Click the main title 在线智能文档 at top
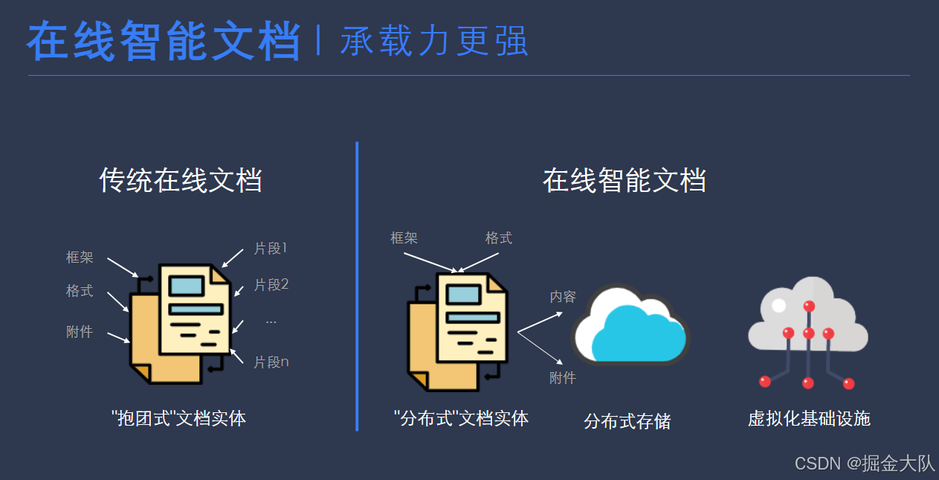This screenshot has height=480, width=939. point(164,41)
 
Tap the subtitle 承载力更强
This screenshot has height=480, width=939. point(434,42)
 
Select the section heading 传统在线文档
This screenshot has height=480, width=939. point(181,181)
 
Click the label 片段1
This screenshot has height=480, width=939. point(271,249)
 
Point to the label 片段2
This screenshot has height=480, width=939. point(271,284)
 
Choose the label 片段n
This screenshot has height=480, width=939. point(271,362)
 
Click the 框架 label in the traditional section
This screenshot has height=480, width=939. point(80,257)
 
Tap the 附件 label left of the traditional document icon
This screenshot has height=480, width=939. point(80,332)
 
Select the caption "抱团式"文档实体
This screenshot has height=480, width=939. point(178,418)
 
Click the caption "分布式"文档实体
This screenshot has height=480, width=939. point(461,418)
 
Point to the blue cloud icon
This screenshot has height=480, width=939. point(630,325)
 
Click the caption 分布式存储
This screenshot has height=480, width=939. point(627,422)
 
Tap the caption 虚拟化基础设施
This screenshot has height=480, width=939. point(809,418)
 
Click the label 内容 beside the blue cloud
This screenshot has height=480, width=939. point(563,297)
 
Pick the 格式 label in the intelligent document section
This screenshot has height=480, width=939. point(499,238)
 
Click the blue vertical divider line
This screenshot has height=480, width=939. point(357,287)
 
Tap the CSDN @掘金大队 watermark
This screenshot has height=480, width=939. point(865,464)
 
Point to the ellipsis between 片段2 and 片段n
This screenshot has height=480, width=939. point(271,321)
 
